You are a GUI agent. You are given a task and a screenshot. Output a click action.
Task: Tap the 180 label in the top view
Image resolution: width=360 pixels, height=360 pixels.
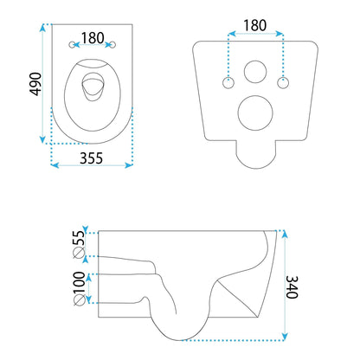(x=93, y=38)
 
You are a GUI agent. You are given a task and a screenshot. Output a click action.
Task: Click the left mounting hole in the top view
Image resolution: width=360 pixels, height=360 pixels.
(x=72, y=44)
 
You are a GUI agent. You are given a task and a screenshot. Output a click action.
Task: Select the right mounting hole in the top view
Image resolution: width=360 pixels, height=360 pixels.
(x=113, y=44)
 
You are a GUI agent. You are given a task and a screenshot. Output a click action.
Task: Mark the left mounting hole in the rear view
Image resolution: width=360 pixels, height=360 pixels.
(x=228, y=82)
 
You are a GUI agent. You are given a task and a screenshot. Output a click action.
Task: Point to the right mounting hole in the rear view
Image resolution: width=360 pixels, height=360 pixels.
(x=282, y=82)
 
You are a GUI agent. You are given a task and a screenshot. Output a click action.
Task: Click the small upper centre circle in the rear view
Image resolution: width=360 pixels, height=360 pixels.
(x=255, y=70)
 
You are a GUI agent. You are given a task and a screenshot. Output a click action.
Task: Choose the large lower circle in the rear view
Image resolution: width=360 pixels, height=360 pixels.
(x=255, y=111)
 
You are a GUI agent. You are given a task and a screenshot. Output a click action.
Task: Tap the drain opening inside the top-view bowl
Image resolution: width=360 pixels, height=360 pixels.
(x=93, y=86)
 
